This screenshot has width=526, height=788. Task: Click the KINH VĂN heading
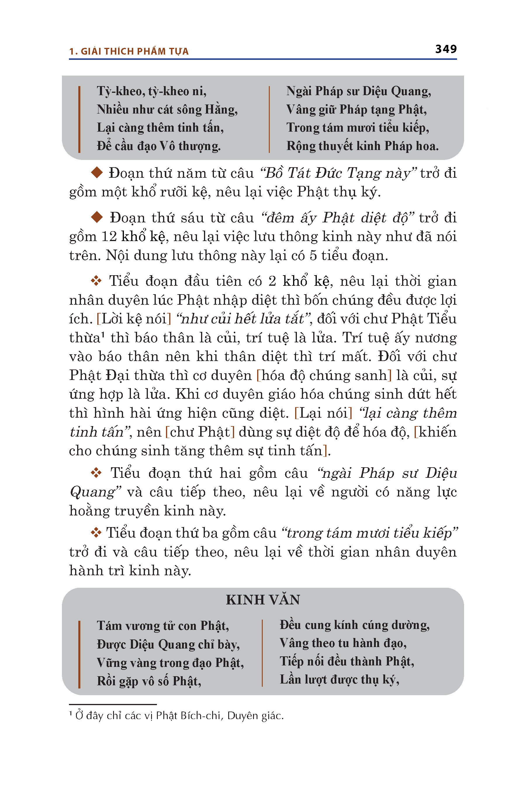(x=263, y=600)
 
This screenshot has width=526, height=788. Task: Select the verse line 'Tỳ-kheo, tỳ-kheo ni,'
(x=152, y=91)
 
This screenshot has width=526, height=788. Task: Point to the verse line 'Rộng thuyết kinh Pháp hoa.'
(x=362, y=146)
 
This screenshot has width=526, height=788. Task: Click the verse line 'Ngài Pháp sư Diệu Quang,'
(x=358, y=91)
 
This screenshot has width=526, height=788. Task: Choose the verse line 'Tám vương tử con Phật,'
(x=163, y=625)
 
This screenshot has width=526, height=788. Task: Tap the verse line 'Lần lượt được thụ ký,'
(x=340, y=679)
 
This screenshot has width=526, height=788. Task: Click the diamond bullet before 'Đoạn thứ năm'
(x=97, y=173)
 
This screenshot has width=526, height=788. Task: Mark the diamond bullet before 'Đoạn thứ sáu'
(x=97, y=217)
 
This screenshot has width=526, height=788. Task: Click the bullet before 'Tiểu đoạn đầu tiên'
(x=96, y=281)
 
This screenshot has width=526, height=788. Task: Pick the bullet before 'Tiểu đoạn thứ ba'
(x=96, y=533)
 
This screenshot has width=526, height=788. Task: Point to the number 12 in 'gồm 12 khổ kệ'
(x=109, y=236)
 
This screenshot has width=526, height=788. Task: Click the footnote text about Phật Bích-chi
(x=179, y=716)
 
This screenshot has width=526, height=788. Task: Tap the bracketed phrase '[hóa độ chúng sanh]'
(x=324, y=375)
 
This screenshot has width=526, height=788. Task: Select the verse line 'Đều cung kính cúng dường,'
(x=354, y=625)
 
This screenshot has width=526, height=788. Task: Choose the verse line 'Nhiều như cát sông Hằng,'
(x=167, y=109)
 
